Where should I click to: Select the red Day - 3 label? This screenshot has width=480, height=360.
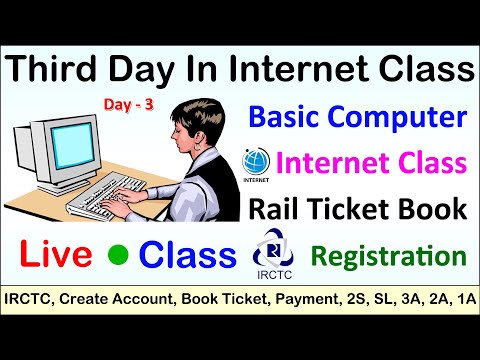pos(126,103)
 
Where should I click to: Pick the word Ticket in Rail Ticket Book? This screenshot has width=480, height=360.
pos(369,210)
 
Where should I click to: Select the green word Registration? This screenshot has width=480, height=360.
pos(388,255)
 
